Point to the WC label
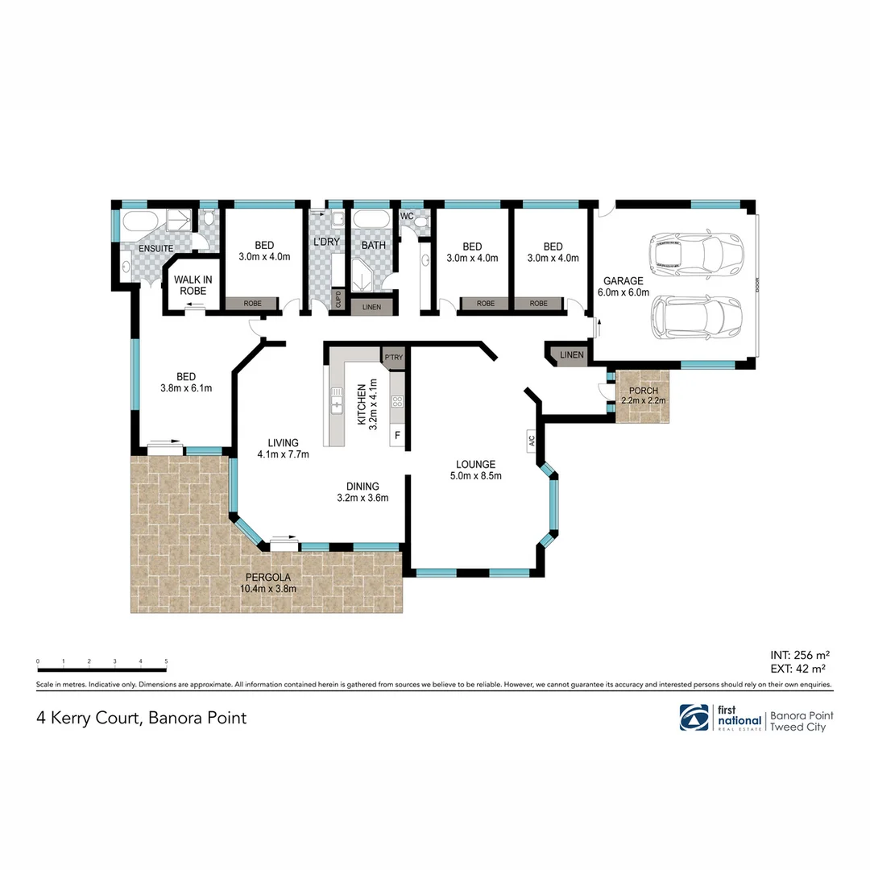pos(407,216)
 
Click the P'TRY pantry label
pos(393,358)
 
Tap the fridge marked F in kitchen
pos(396,436)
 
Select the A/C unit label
pos(532,441)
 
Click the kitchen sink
pos(337,400)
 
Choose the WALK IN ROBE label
pos(193,285)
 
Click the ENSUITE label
pos(156,248)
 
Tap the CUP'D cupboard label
pos(338,300)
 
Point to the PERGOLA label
pos(268,578)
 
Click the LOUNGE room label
pos(475,464)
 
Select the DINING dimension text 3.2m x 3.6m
pos(363,498)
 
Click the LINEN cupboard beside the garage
pos(571,355)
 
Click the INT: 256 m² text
pos(800,655)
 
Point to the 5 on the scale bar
pos(166,661)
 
